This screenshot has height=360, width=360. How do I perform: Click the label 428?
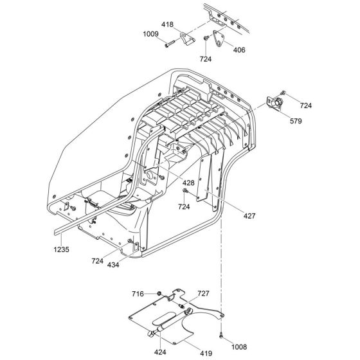[x=188, y=183]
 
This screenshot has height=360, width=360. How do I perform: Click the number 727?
[x=203, y=292]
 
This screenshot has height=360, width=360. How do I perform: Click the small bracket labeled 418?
[x=186, y=39]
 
